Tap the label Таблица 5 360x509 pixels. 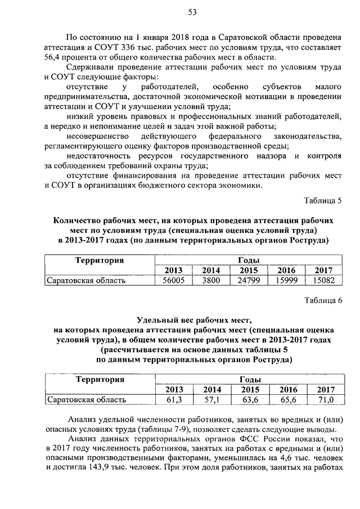(x=323, y=201)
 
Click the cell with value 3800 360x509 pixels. (x=210, y=280)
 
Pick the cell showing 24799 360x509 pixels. (x=248, y=280)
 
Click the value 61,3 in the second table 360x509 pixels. (x=174, y=400)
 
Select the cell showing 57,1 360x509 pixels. (x=211, y=400)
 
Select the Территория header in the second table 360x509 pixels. (x=100, y=380)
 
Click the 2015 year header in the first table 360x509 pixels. (x=248, y=270)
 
